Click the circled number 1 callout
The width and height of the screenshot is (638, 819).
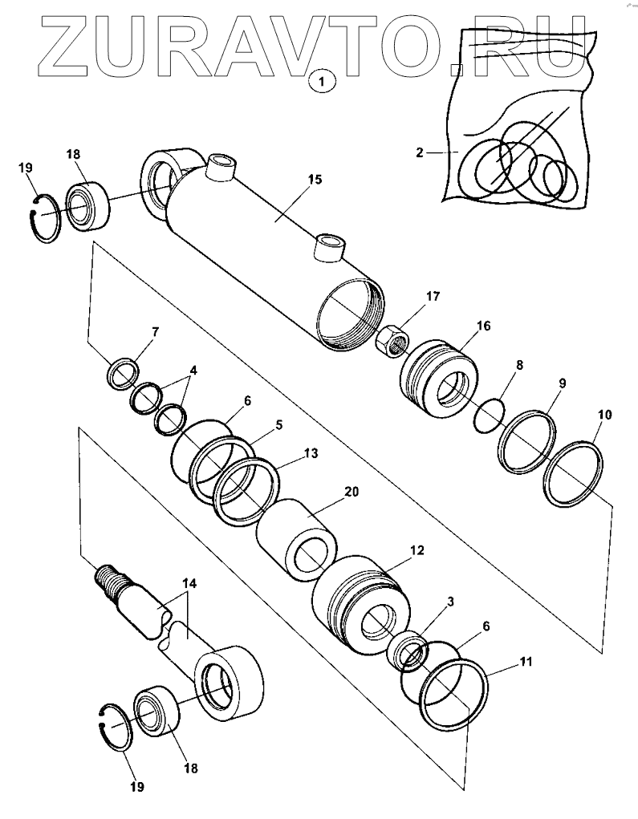point(321,80)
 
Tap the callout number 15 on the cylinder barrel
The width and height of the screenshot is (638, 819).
point(315,179)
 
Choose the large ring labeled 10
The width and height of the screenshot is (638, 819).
point(573,474)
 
